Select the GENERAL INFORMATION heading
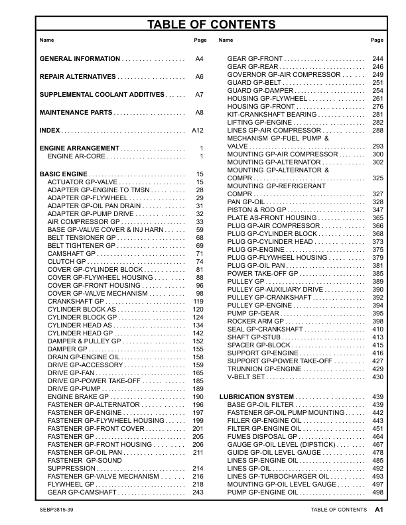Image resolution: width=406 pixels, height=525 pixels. pos(80,59)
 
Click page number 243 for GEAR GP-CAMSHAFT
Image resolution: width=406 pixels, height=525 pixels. pos(197,493)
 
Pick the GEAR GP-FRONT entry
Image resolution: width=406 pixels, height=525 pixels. pos(255,59)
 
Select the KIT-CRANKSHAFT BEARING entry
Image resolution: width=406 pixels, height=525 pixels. pos(272,114)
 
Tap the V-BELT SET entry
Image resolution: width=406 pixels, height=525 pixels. pos(246,377)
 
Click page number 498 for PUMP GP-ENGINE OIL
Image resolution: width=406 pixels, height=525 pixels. pos(377,493)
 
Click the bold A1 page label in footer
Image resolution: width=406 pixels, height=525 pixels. pos(379,510)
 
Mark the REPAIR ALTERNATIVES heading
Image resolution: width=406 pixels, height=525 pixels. pos(78,77)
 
